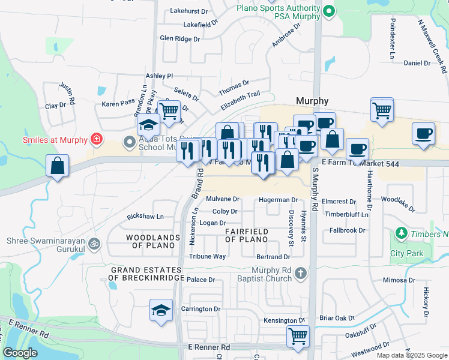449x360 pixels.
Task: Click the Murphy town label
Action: pyautogui.click(x=312, y=101)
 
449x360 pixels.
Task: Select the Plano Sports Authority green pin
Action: pyautogui.click(x=328, y=11)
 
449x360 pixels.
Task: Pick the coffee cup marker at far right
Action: pyautogui.click(x=424, y=133)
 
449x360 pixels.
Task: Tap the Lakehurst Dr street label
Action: pyautogui.click(x=189, y=11)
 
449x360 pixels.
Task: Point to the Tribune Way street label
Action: pyautogui.click(x=207, y=256)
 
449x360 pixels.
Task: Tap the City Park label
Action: pyautogui.click(x=406, y=253)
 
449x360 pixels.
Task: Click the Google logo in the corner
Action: pyautogui.click(x=20, y=353)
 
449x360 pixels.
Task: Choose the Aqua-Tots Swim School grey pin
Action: pyautogui.click(x=128, y=142)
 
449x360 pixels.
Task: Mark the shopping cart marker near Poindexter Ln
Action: pyautogui.click(x=382, y=109)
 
